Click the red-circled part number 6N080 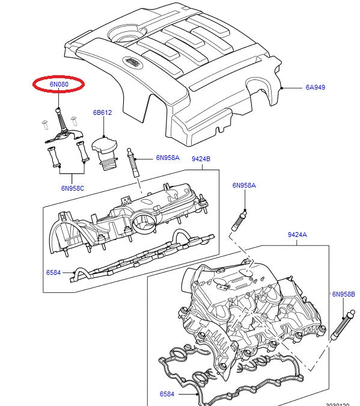pos(58,85)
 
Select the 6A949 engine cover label pos(315,87)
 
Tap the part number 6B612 pos(102,112)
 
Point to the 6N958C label pos(72,188)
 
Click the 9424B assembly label pos(201,159)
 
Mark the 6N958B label pos(344,295)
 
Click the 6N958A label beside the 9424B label pos(168,158)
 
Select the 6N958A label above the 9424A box pos(244,185)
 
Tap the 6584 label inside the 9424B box pos(53,272)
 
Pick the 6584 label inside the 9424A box pos(167,394)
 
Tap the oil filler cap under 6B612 pos(105,151)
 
